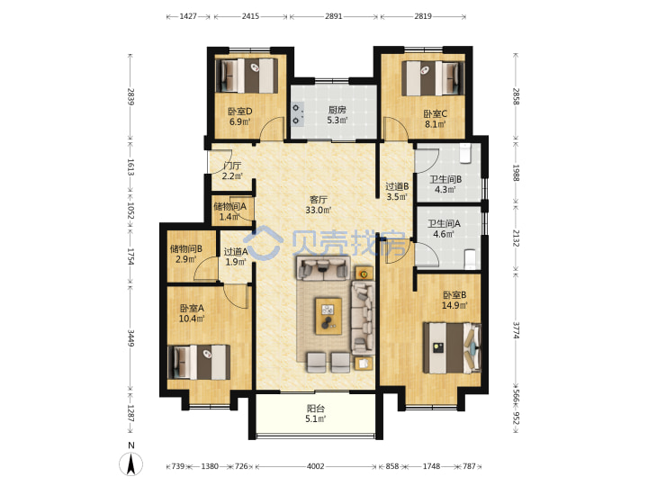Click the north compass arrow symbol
pyautogui.click(x=131, y=463)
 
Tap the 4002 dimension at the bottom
pyautogui.click(x=315, y=466)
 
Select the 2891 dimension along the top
pyautogui.click(x=334, y=16)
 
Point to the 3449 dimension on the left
pyautogui.click(x=131, y=338)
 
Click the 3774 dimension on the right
pyautogui.click(x=516, y=329)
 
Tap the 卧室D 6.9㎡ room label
pyautogui.click(x=239, y=116)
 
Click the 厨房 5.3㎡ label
pyautogui.click(x=337, y=115)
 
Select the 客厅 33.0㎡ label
pyautogui.click(x=319, y=204)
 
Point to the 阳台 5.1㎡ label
pyautogui.click(x=316, y=414)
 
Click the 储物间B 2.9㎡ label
pyautogui.click(x=186, y=254)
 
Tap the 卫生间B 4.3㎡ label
pyautogui.click(x=445, y=184)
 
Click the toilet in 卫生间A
pyautogui.click(x=471, y=258)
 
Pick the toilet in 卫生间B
pyautogui.click(x=466, y=153)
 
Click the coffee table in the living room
pyautogui.click(x=328, y=316)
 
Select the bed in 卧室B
pyautogui.click(x=452, y=348)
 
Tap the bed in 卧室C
pyautogui.click(x=433, y=78)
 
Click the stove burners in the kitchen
pyautogui.click(x=297, y=114)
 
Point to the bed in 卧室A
pyautogui.click(x=199, y=363)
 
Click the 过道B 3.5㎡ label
pyautogui.click(x=397, y=192)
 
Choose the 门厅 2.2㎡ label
pyautogui.click(x=232, y=171)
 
